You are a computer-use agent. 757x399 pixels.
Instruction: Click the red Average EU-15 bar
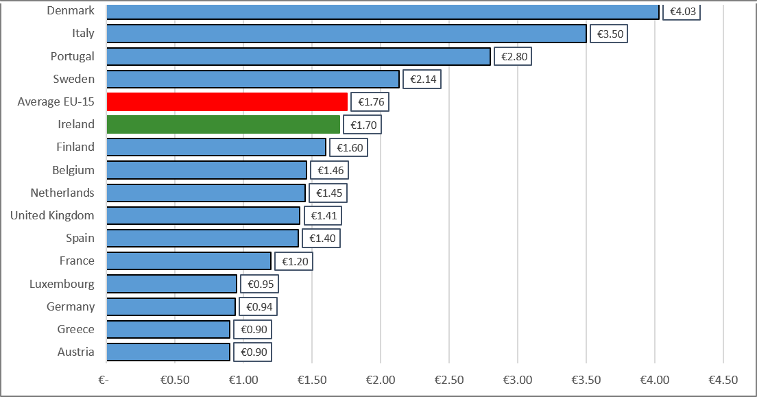(x=227, y=102)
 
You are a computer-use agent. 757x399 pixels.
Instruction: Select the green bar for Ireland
(x=224, y=125)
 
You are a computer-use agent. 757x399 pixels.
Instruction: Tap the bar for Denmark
(x=383, y=12)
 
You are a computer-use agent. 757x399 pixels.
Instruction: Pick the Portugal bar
(x=298, y=56)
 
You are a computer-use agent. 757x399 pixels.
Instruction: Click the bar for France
(x=189, y=261)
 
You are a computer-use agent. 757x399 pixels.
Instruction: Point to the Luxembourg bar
(x=171, y=284)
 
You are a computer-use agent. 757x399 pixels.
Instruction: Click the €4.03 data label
(x=682, y=12)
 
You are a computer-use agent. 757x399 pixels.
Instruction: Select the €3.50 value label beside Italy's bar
(x=609, y=34)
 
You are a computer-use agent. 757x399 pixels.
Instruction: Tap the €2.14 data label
(x=422, y=80)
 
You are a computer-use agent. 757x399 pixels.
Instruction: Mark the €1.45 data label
(x=328, y=193)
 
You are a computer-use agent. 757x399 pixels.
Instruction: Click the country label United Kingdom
(x=52, y=215)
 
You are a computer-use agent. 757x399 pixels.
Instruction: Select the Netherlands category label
(x=62, y=193)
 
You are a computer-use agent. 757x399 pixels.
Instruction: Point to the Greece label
(x=76, y=329)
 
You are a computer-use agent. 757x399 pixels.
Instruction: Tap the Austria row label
(x=76, y=352)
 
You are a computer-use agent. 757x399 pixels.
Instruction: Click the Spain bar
(x=202, y=239)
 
